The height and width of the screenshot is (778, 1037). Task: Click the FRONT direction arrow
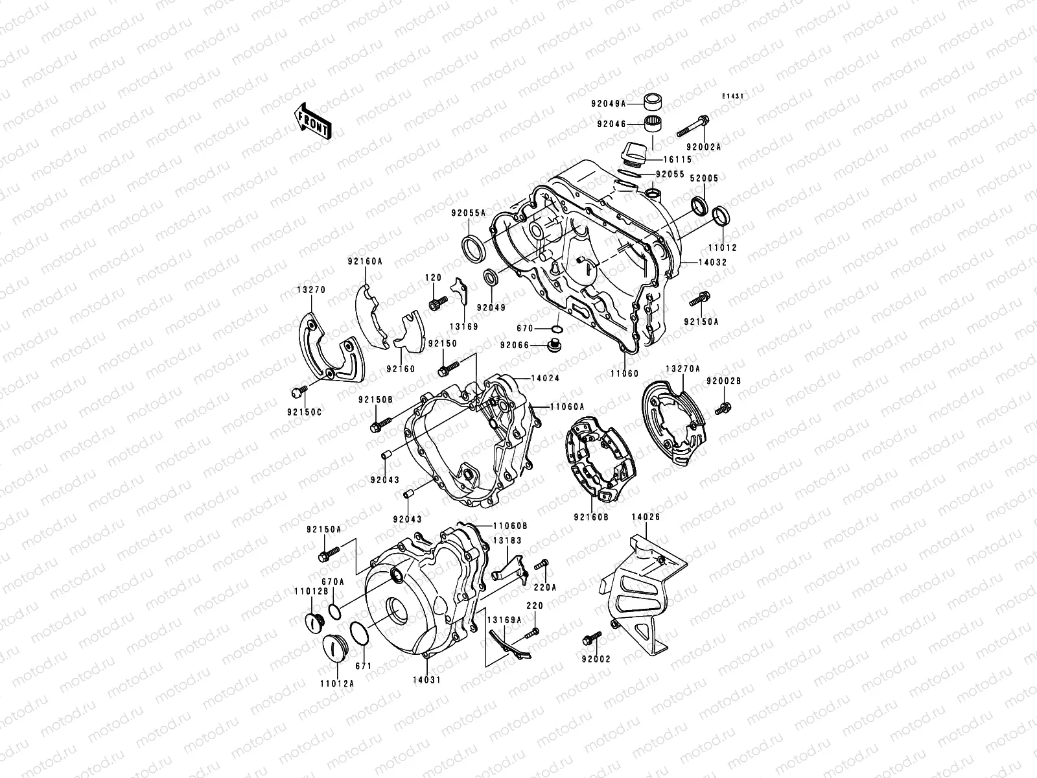(x=314, y=121)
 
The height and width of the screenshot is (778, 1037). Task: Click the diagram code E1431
(x=733, y=96)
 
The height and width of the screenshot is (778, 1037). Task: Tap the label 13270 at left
(x=312, y=290)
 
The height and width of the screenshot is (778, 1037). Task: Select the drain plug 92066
(x=555, y=345)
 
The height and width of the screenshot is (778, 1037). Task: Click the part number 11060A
(x=568, y=407)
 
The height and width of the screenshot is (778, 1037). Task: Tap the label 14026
(x=646, y=517)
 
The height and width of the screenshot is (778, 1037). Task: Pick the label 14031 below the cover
(x=425, y=679)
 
